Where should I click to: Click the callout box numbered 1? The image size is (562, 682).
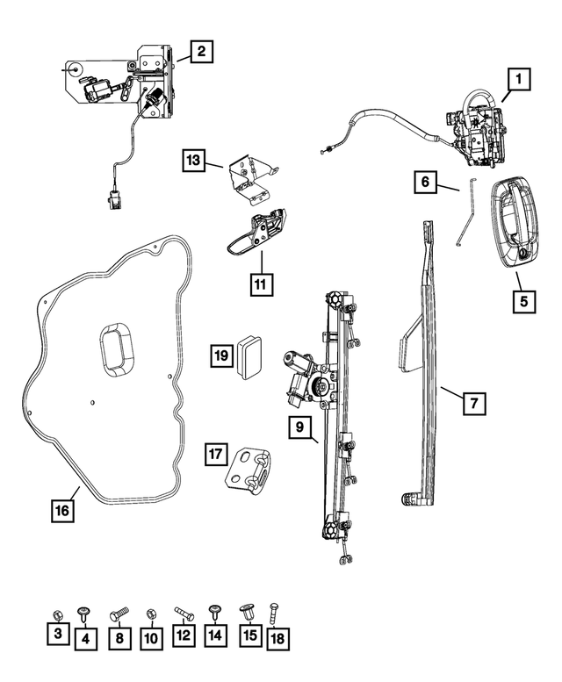point(518,81)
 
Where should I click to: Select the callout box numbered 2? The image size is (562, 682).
point(201,53)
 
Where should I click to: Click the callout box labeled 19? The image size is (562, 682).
point(221,355)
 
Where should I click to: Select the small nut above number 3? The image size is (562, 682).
point(56,613)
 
